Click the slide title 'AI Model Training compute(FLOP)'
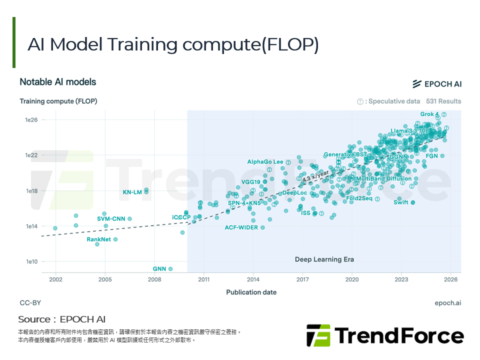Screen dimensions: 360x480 pyautogui.click(x=173, y=44)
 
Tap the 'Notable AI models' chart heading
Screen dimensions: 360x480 pyautogui.click(x=57, y=82)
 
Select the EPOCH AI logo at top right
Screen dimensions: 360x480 pyautogui.click(x=436, y=83)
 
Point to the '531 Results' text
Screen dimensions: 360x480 pyautogui.click(x=443, y=101)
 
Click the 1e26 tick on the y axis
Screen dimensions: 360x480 pyautogui.click(x=31, y=120)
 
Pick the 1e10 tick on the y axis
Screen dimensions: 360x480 pyautogui.click(x=31, y=261)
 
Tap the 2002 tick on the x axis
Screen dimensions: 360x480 pyautogui.click(x=55, y=279)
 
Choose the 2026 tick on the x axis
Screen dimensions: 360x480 pyautogui.click(x=451, y=279)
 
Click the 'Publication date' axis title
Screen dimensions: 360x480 pyautogui.click(x=251, y=292)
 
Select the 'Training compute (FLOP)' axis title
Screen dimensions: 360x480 pyautogui.click(x=58, y=101)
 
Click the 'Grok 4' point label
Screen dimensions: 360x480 pyautogui.click(x=429, y=114)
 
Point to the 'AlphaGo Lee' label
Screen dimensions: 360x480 pyautogui.click(x=265, y=162)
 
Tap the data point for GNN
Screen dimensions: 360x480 pyautogui.click(x=170, y=269)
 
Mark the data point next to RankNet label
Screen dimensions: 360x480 pyautogui.click(x=115, y=239)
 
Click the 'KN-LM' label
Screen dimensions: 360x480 pyautogui.click(x=132, y=192)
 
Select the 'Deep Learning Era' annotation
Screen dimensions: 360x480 pyautogui.click(x=324, y=259)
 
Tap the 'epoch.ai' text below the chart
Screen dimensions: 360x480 pyautogui.click(x=448, y=303)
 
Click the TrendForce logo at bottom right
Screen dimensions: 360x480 pyautogui.click(x=385, y=335)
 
